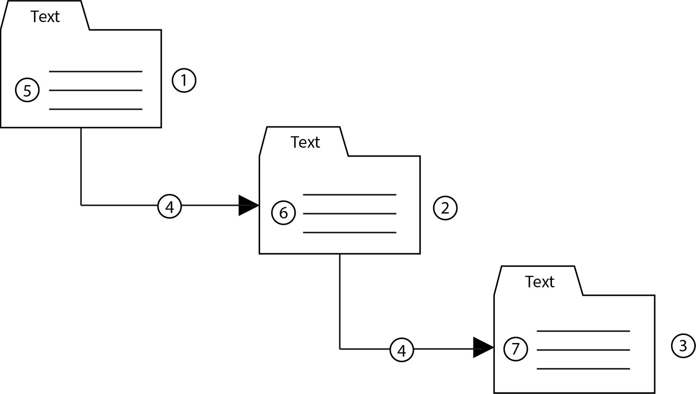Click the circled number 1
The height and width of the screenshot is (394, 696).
point(184,80)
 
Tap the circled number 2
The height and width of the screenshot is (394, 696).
point(445,208)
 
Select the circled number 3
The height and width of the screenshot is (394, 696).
point(683,346)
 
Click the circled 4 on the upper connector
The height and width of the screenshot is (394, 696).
point(170,206)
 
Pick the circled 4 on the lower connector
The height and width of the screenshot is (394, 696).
point(402,350)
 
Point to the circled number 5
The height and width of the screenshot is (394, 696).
point(27,90)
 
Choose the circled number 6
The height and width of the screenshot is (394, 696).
point(283,213)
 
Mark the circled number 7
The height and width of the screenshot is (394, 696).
point(516,349)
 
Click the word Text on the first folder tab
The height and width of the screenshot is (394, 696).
point(45,17)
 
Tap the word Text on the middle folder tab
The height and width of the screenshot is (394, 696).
point(305,142)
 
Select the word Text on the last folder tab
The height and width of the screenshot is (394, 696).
point(540,282)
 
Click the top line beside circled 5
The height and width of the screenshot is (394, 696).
point(95,71)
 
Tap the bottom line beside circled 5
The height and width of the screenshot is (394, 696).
point(95,109)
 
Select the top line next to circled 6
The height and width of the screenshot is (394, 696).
point(349,195)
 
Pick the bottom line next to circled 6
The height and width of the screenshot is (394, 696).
point(349,232)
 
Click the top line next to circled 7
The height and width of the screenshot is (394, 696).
point(583,331)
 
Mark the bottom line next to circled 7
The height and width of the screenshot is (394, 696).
point(583,369)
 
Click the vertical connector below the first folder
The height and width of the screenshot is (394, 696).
point(81,166)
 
